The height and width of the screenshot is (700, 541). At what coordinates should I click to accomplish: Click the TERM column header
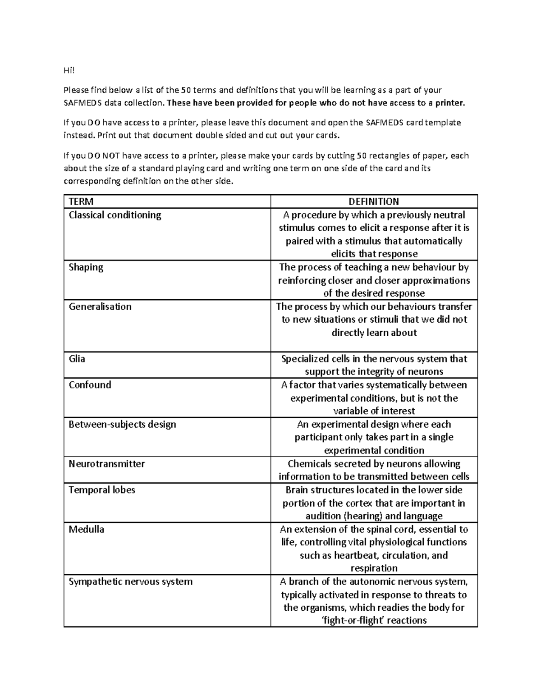coord(81,201)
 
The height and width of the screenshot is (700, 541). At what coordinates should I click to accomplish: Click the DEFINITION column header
coord(374,201)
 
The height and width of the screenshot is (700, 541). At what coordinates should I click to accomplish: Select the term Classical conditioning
coord(115,215)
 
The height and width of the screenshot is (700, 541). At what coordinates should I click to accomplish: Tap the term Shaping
coord(86,267)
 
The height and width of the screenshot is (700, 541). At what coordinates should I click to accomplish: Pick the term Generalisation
coord(100,307)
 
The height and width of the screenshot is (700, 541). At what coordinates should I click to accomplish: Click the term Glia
coord(77,359)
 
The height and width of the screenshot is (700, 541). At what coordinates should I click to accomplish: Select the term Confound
coord(90,385)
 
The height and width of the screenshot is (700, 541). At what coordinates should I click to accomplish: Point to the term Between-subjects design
coord(122,424)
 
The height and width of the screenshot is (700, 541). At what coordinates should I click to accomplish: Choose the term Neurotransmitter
coord(106,464)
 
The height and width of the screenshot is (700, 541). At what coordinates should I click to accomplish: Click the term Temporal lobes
coord(101,490)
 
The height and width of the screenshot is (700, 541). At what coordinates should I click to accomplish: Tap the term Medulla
coord(86,529)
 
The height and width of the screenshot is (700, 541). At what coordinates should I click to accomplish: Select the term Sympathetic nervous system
coord(130,581)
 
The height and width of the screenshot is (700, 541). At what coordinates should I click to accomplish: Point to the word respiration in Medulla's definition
coord(374,568)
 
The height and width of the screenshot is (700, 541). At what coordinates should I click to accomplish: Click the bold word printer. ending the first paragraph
coord(449,103)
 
